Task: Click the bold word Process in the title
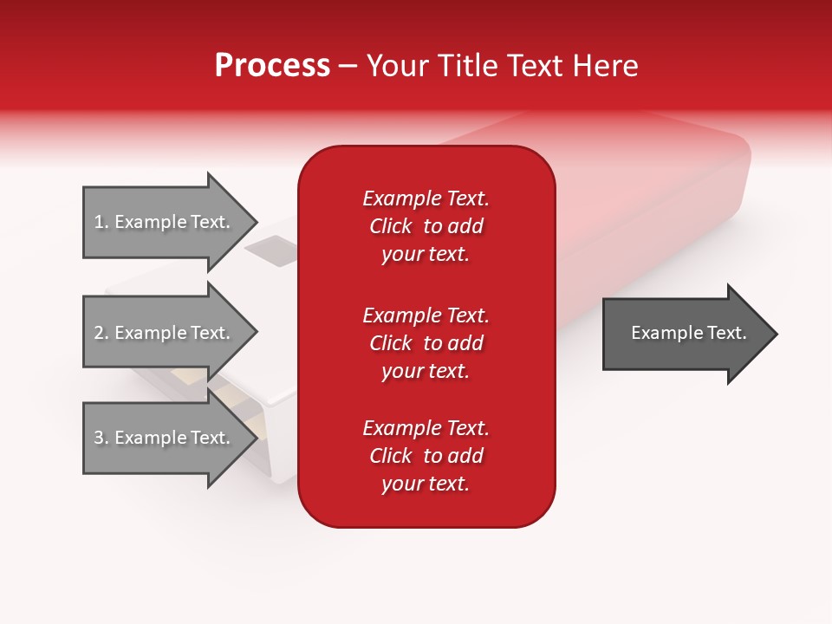[x=272, y=66]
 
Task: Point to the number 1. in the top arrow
[x=101, y=222]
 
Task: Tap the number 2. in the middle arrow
[x=101, y=333]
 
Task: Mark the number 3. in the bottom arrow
[x=101, y=438]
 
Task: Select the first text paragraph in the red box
[x=426, y=226]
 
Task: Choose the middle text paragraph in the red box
[x=426, y=343]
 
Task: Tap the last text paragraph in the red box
[x=426, y=456]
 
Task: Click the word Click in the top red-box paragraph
[x=390, y=226]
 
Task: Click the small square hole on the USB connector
[x=270, y=250]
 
